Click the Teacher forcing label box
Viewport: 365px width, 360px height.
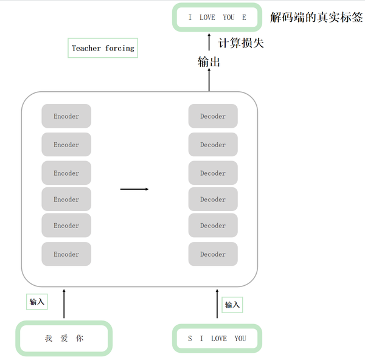pos(103,48)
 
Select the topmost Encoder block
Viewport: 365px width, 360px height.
pos(66,116)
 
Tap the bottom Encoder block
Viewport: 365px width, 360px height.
pos(66,254)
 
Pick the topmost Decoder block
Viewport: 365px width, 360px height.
pos(213,116)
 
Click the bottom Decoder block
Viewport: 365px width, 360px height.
pos(213,254)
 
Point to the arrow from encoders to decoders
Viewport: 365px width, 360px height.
pos(134,189)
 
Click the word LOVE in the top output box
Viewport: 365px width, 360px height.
pos(207,18)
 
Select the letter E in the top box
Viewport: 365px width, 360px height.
pos(244,18)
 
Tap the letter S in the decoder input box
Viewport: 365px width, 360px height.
pos(190,339)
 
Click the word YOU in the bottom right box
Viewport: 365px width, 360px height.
pos(240,339)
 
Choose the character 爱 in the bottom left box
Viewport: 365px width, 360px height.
pos(64,339)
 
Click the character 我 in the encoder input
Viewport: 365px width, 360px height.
pos(49,339)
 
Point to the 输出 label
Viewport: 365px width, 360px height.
pos(209,61)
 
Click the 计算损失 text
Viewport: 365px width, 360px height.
pos(241,43)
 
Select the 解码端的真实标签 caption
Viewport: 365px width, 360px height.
pos(316,17)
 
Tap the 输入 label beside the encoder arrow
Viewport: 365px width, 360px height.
pos(37,302)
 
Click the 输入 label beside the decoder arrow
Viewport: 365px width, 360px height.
pos(232,305)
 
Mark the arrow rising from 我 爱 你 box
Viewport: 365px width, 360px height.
pos(64,304)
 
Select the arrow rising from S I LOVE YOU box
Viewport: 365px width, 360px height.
pos(217,304)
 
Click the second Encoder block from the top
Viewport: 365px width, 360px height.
pos(66,145)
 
